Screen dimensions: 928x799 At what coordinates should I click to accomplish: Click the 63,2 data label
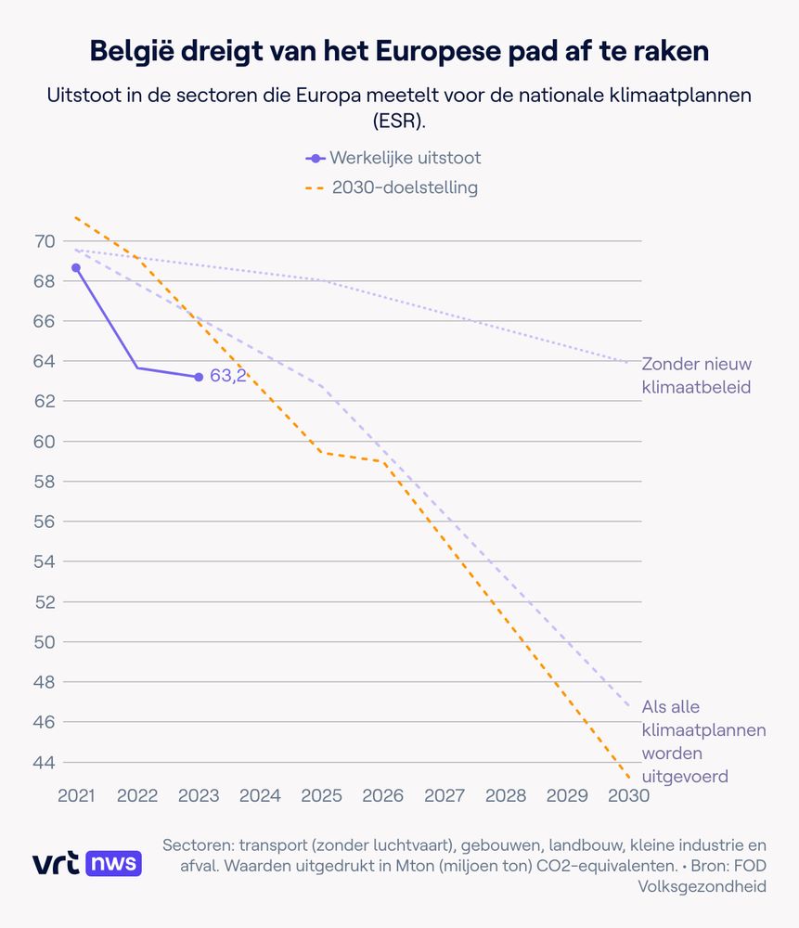coord(227,377)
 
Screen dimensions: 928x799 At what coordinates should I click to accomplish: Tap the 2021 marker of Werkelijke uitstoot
coord(76,267)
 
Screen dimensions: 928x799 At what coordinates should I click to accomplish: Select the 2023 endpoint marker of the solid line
coord(199,377)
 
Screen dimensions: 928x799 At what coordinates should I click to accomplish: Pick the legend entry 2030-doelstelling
coord(393,188)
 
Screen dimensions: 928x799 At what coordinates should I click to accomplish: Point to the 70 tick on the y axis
coord(44,241)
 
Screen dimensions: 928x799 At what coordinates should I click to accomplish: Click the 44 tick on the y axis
coord(44,762)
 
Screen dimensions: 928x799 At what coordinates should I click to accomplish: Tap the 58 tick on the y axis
coord(44,482)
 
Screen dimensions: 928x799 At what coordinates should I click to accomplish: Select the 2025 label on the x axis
coord(321,796)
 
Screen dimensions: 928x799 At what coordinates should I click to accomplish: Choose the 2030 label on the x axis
coord(628,796)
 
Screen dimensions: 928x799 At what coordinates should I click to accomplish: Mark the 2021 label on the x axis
coord(76,796)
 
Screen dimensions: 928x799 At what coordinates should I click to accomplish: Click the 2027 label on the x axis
coord(445,796)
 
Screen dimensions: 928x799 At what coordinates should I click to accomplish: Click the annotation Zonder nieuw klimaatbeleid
coord(696,375)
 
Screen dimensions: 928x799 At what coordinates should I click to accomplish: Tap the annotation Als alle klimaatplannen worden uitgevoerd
coord(684,741)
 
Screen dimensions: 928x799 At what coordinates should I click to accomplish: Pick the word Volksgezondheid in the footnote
coord(702,886)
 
